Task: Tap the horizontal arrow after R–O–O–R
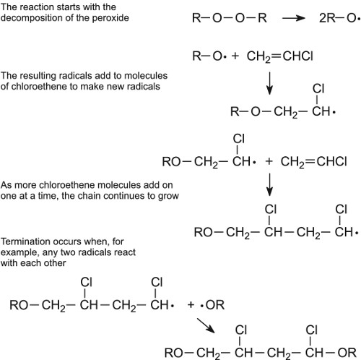click(294, 18)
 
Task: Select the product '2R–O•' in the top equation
click(339, 18)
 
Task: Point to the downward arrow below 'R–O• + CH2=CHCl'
click(269, 83)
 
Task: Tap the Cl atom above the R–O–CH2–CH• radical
click(318, 88)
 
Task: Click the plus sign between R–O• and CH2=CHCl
click(235, 56)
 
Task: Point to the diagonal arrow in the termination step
click(206, 325)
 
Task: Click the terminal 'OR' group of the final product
click(347, 353)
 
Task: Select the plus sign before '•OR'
click(191, 305)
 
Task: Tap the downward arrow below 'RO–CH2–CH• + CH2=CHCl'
click(269, 184)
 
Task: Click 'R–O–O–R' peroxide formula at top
click(230, 18)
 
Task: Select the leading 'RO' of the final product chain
click(174, 353)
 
